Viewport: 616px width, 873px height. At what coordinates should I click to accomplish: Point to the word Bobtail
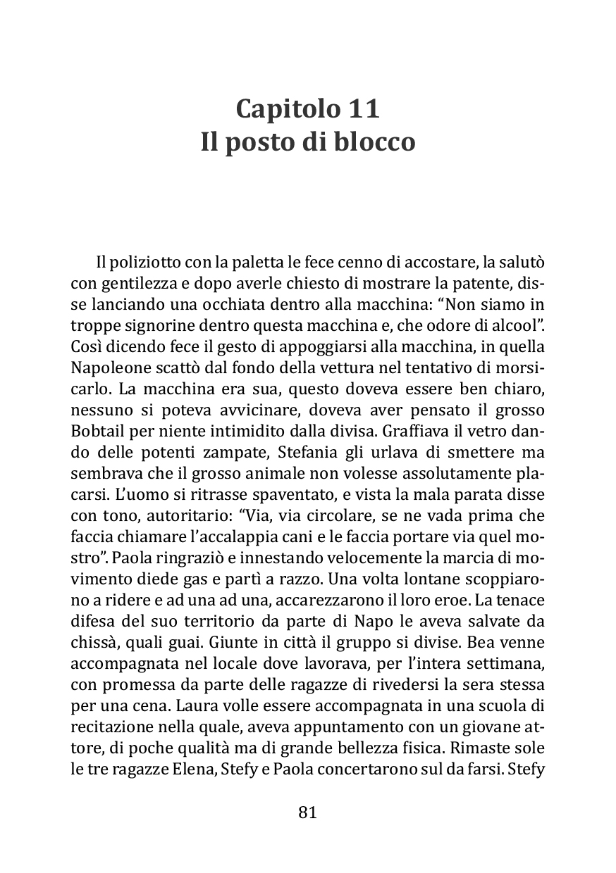(96, 429)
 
